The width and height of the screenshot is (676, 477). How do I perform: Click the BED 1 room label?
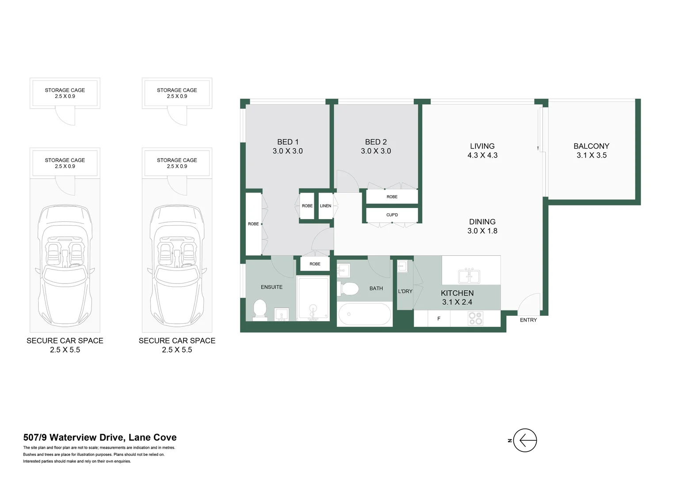tap(287, 142)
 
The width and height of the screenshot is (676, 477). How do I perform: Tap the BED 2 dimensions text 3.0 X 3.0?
tap(376, 151)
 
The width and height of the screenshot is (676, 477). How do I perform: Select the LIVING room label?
tap(482, 146)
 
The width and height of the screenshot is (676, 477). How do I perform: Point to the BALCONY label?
tap(591, 146)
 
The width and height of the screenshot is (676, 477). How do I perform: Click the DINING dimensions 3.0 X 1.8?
tap(482, 231)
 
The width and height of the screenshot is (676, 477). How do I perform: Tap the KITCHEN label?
tap(457, 293)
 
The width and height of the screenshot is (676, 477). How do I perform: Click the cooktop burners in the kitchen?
tap(476, 318)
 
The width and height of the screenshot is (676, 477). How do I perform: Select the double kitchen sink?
tap(469, 276)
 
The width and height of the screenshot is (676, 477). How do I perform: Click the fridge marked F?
tap(439, 318)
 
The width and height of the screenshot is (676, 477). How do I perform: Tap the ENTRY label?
tap(528, 320)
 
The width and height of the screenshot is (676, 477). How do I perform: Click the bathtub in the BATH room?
tap(365, 314)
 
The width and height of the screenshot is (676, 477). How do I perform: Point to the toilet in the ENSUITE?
tap(260, 310)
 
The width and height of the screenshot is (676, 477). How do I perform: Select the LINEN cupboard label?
tap(325, 206)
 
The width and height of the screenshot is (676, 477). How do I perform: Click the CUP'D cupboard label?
tap(392, 215)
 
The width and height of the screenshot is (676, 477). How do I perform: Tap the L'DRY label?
tap(405, 291)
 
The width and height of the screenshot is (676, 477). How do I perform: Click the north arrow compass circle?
tap(525, 440)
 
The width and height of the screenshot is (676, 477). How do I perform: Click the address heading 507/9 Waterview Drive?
tap(100, 437)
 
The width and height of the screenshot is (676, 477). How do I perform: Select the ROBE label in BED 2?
tap(392, 197)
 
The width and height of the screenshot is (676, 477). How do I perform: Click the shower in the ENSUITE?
tap(313, 298)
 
